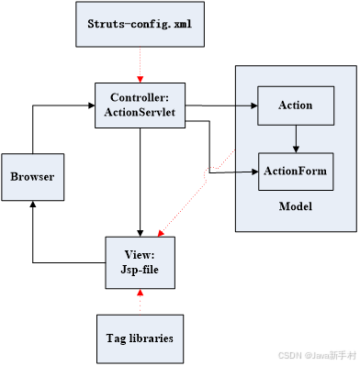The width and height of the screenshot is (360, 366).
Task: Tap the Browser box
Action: [x=32, y=177]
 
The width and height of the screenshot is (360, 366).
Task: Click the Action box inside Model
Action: [x=295, y=105]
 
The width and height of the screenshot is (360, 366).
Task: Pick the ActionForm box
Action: [x=295, y=172]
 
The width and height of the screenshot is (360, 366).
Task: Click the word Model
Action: [x=296, y=206]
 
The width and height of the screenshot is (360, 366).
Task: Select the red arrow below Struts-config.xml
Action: [x=140, y=64]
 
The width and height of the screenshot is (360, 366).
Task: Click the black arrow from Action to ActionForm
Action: [x=295, y=138]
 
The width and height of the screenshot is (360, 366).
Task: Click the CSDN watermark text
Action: [x=310, y=354]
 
